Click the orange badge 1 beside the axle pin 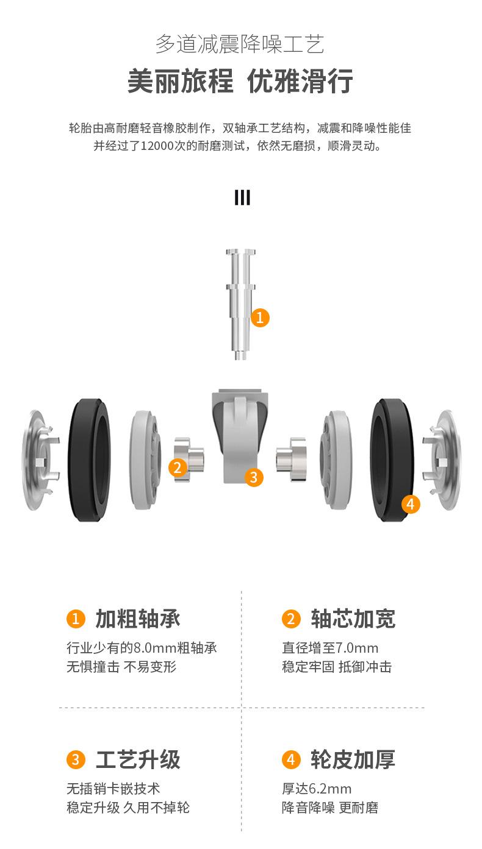(260, 317)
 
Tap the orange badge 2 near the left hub (177, 467)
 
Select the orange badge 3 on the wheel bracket (254, 477)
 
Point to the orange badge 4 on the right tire (411, 504)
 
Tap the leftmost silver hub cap (40, 460)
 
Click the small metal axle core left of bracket (189, 458)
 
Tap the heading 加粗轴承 (138, 619)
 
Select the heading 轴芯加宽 (353, 619)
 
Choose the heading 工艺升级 (138, 759)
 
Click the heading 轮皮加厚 (353, 759)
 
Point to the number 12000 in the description (160, 146)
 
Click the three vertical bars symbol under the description (242, 198)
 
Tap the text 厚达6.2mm (317, 789)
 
